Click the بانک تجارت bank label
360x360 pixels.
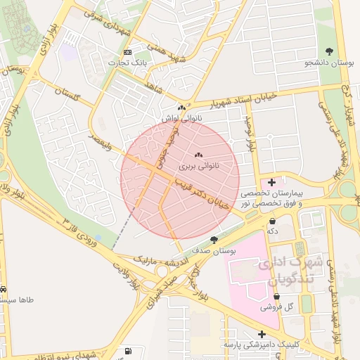click(127, 63)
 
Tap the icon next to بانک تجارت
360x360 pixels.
click(127, 53)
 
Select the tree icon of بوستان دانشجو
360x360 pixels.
click(329, 51)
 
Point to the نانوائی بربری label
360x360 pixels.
click(198, 167)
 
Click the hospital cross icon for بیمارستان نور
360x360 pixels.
click(272, 183)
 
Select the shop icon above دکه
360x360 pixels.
click(272, 221)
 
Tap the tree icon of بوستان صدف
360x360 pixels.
click(214, 240)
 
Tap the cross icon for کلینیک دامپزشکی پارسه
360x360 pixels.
click(262, 335)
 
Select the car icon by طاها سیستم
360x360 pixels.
click(4, 289)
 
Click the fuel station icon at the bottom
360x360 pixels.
click(127, 350)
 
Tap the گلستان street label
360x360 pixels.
click(77, 94)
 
